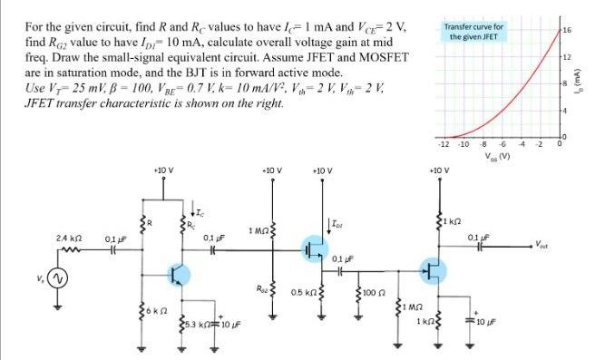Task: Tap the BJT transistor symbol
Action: (x=178, y=274)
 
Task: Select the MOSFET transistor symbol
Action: (x=314, y=248)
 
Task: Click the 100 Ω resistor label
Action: (x=376, y=293)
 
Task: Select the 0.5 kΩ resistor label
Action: (x=305, y=293)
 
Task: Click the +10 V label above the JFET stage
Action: (x=438, y=170)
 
